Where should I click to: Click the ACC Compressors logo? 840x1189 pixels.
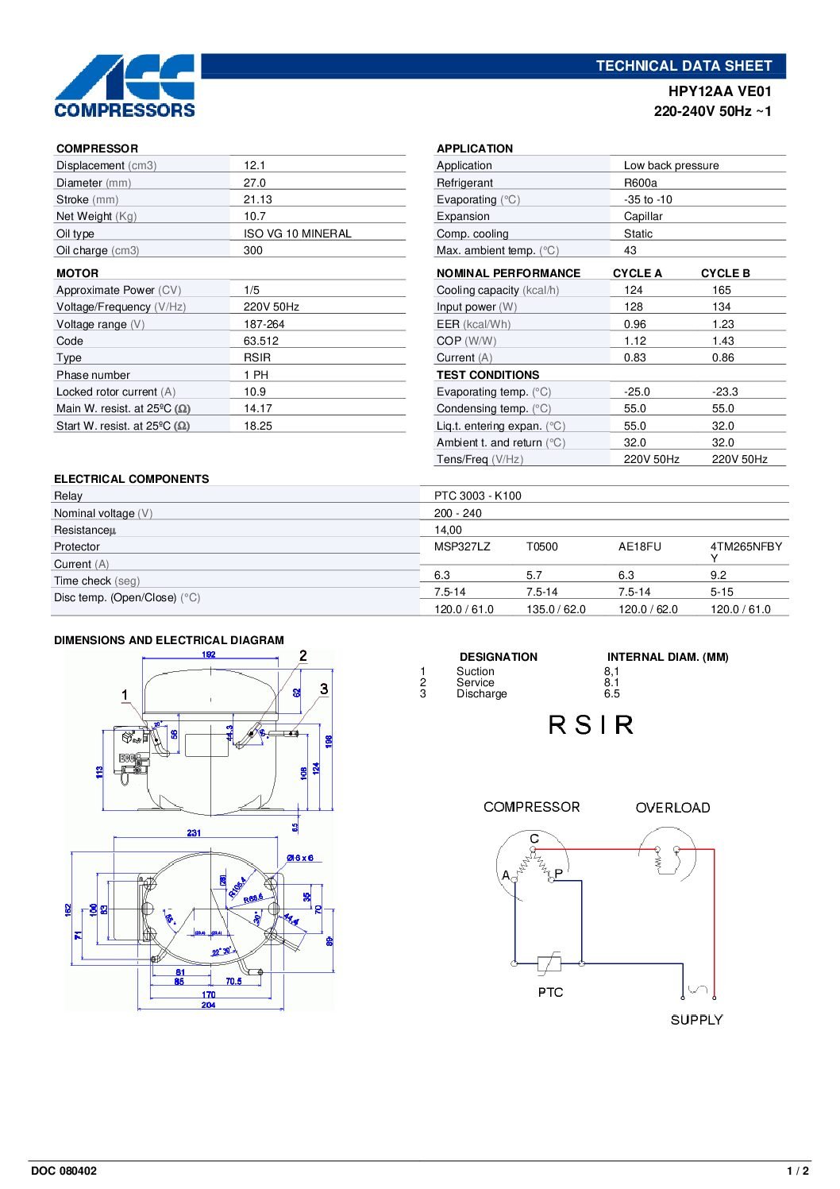125,86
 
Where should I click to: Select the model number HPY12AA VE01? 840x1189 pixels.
719,91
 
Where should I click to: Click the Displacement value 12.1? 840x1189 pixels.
254,165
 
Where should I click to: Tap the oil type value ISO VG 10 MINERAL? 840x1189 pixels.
297,234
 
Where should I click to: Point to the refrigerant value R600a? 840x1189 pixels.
640,183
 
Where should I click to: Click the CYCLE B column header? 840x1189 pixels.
725,273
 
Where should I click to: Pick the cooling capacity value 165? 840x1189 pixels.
721,290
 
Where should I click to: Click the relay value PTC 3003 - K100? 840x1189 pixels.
477,496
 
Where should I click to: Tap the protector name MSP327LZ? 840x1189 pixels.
462,546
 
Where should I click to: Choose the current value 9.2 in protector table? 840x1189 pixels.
718,575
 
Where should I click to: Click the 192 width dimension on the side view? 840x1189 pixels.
208,654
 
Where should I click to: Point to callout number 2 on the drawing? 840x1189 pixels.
303,656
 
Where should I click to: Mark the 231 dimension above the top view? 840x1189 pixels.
194,833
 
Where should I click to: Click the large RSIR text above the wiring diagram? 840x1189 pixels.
591,725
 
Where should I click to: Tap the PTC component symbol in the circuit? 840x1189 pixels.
549,964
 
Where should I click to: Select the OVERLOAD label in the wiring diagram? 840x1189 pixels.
672,808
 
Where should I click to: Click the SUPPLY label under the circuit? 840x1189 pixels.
696,1020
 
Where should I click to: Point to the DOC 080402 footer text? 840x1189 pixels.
64,1171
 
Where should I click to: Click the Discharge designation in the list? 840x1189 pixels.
481,694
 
